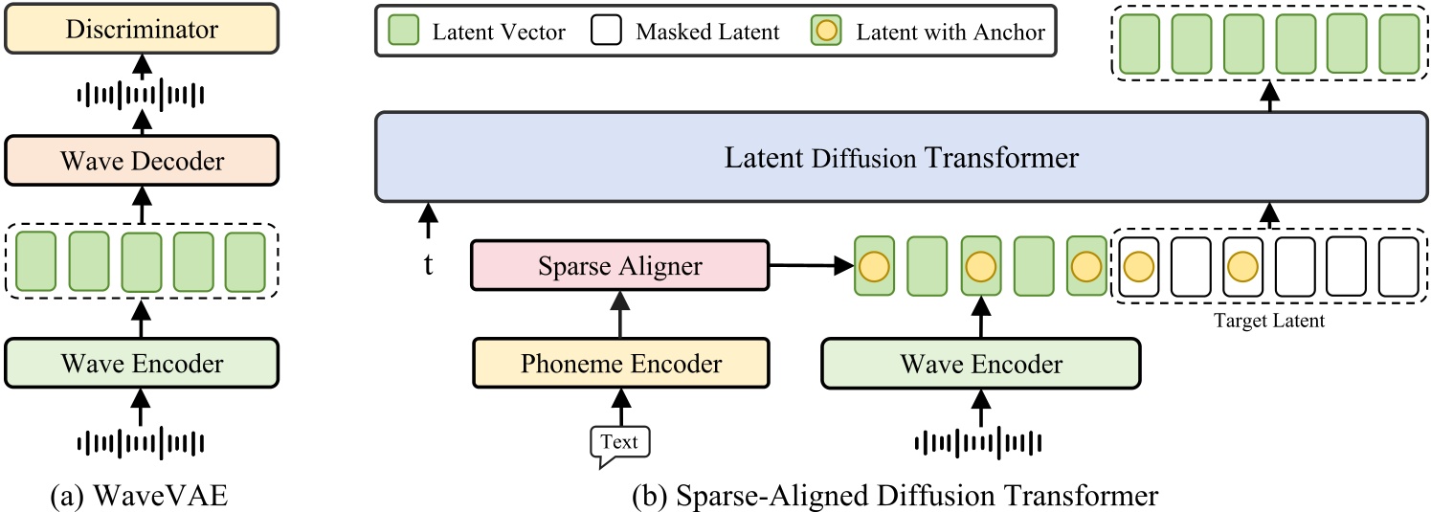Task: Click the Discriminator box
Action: tap(141, 29)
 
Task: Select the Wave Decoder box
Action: tap(141, 160)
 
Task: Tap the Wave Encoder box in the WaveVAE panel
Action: tap(141, 364)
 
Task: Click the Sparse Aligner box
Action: tap(619, 264)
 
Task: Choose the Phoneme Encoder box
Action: tap(619, 364)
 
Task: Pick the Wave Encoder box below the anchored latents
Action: tap(980, 364)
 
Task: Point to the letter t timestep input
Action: tap(428, 265)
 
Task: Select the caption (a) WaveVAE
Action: tap(141, 496)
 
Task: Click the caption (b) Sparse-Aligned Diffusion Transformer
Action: tap(895, 496)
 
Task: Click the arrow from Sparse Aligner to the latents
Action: tap(811, 264)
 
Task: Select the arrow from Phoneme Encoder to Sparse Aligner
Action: tap(619, 314)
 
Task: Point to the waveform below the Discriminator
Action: tap(141, 95)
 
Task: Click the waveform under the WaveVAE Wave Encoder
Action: tap(141, 442)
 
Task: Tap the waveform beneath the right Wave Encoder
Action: tap(978, 442)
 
